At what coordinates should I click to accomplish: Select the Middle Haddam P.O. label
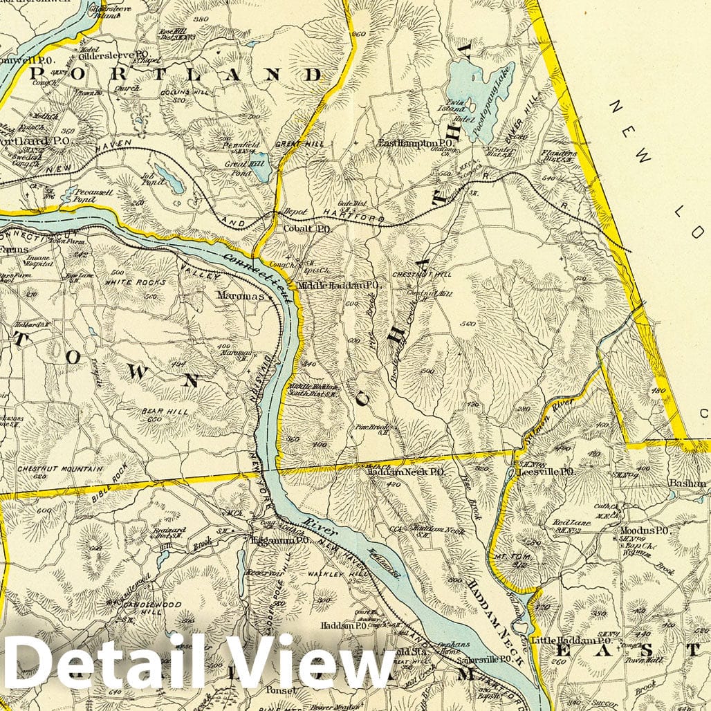(x=339, y=285)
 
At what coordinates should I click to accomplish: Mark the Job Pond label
(x=152, y=178)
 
